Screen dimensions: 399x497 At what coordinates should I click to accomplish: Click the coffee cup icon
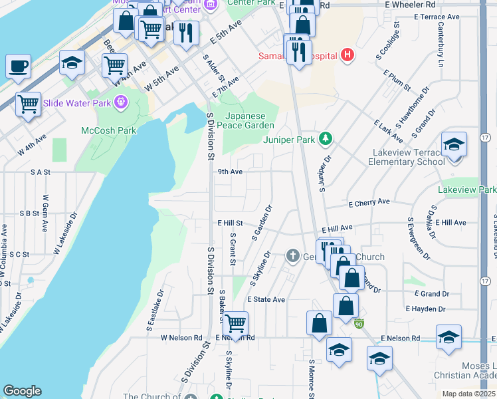pyautogui.click(x=19, y=66)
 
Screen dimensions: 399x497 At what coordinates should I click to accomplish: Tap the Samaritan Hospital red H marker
pyautogui.click(x=347, y=55)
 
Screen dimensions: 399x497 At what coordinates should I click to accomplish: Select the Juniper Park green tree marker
pyautogui.click(x=326, y=139)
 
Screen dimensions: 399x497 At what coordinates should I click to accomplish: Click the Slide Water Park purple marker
pyautogui.click(x=120, y=102)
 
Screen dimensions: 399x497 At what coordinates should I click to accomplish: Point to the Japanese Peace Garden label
pyautogui.click(x=248, y=120)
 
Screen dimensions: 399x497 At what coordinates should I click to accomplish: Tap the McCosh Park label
pyautogui.click(x=109, y=130)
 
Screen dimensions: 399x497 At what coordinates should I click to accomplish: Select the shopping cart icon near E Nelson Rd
pyautogui.click(x=235, y=324)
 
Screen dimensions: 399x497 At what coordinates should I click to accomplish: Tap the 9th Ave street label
pyautogui.click(x=230, y=171)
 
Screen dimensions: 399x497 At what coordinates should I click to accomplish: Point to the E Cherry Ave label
pyautogui.click(x=369, y=202)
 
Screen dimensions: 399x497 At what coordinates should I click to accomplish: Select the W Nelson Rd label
pyautogui.click(x=181, y=338)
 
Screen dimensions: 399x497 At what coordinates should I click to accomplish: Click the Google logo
pyautogui.click(x=22, y=391)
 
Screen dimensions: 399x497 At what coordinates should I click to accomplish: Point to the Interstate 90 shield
pyautogui.click(x=359, y=324)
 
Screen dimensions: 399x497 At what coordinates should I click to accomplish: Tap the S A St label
pyautogui.click(x=40, y=172)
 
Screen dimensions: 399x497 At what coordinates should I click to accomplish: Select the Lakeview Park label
pyautogui.click(x=467, y=190)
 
